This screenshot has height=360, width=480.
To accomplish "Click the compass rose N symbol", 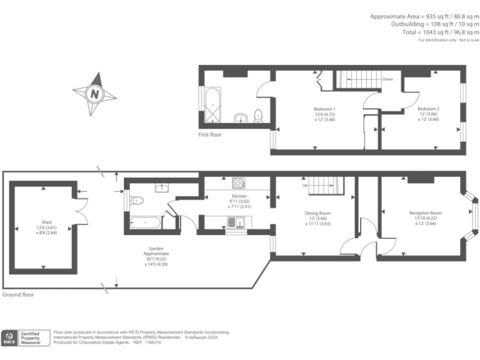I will coord(95,94).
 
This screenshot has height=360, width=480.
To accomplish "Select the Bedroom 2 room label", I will coord(429,109).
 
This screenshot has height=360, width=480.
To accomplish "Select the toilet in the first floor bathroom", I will coord(257,117).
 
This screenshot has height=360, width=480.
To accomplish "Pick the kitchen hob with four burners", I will coord(238,183).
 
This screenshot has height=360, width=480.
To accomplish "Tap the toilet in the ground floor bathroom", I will coord(137,201).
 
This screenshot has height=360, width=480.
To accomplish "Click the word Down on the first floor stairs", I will coord(387,79).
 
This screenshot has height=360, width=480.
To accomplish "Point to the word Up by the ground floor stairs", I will coord(305,186).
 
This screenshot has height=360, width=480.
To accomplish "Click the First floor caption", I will coord(210,134).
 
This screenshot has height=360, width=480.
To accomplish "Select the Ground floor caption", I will coord(18,294).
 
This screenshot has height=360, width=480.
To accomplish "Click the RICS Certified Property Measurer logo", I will coord(24,337).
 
